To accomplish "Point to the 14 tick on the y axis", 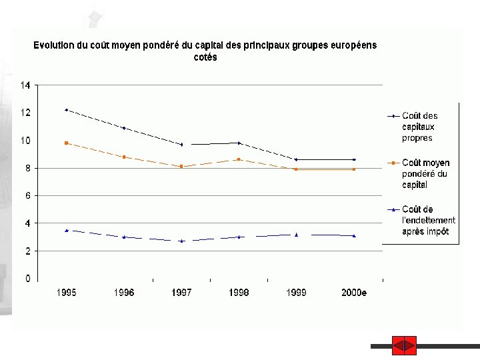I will pos(25,85).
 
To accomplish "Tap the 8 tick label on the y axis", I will pos(27,168).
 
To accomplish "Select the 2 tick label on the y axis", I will pos(27,251).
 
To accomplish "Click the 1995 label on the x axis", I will pos(66,293).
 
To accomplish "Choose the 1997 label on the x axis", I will pos(181,293).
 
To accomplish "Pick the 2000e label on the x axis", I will pos(354,293).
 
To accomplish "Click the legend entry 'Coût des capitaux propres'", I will pos(419,127).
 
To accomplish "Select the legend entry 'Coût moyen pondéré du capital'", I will pos(425,173).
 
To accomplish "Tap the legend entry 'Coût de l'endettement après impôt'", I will pos(428,220).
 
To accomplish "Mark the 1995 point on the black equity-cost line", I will pos(66,110).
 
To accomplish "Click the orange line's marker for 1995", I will pos(66,143).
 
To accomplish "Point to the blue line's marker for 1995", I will pos(66,230).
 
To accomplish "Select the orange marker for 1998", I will pos(239,159).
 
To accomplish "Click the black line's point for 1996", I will pos(124,128).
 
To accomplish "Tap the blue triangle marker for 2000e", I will pos(354,235).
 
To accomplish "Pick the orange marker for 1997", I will pos(181,166).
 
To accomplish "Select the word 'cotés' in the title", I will pos(205,57).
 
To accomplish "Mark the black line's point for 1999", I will pos(296,159).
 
